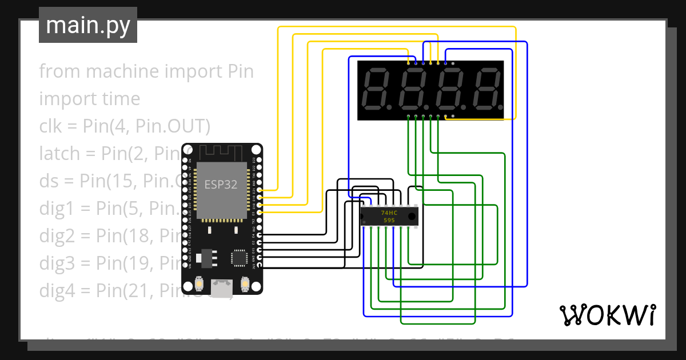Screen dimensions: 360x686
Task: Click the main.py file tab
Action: [x=87, y=25]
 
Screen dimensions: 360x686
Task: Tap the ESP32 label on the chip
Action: [x=221, y=185]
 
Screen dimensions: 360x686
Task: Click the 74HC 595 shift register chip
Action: [x=389, y=216]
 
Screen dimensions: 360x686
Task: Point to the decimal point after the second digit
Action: [x=426, y=107]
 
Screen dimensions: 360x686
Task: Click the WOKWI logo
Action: [x=607, y=315]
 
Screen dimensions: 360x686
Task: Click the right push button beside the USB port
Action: [x=245, y=283]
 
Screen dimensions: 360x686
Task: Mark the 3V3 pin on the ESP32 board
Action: [x=260, y=266]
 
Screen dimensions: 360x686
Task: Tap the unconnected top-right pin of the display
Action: [x=453, y=63]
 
